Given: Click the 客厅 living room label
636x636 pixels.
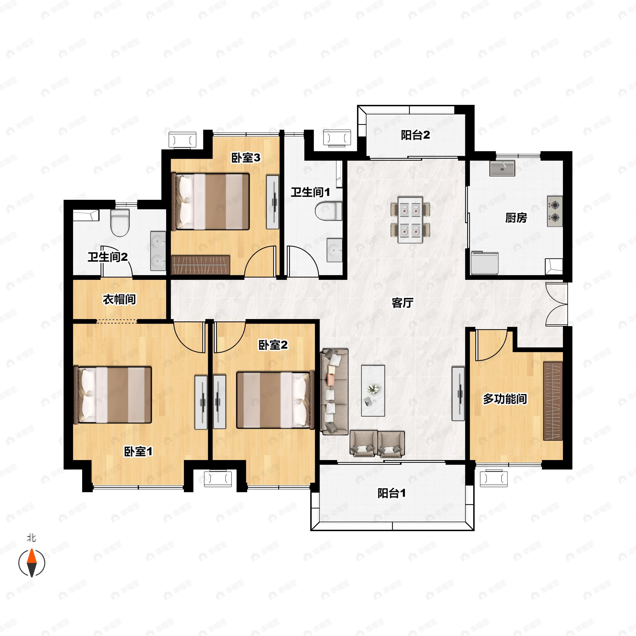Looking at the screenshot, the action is point(402,303).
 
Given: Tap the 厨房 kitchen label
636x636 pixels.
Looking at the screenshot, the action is point(516,218).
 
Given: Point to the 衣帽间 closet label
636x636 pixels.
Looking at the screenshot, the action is point(119,299).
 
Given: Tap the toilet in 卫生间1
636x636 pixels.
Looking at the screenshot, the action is point(328,211).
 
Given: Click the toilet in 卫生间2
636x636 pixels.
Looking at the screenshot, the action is point(120,223).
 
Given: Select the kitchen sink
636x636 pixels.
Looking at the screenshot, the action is point(502,169).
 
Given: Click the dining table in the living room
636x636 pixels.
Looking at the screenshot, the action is point(410,220).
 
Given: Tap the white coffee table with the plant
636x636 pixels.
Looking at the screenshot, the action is point(373,391).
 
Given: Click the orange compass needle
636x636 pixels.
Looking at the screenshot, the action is point(32,556).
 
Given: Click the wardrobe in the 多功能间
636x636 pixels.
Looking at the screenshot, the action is point(553,401).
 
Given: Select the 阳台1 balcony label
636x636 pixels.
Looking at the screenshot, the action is point(392,493).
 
